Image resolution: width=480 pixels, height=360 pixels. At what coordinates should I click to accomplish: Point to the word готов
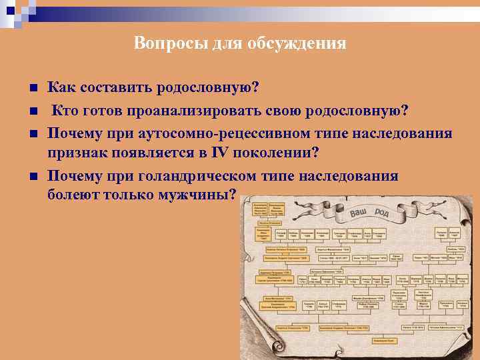[103, 111]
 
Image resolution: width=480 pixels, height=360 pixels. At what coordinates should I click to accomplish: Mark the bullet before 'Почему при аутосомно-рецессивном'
[31, 133]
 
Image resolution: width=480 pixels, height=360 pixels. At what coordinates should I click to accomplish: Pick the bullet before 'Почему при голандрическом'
[31, 176]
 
